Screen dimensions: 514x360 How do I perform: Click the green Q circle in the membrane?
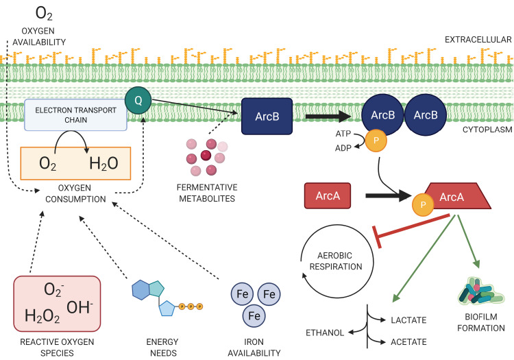point(138,100)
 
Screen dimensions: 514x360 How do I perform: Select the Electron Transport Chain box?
point(75,115)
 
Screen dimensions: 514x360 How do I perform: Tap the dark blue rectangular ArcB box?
point(267,117)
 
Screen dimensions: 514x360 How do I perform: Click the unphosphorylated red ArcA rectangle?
point(328,195)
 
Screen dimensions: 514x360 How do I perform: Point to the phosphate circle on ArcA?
point(423,205)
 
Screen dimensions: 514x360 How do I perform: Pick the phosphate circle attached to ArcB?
point(376,141)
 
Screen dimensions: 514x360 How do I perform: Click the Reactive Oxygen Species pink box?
point(57,304)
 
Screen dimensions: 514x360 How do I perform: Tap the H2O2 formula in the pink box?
point(42,316)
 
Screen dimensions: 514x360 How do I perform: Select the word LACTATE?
point(408,320)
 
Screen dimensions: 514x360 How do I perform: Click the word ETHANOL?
point(325,333)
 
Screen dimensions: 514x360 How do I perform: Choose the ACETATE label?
point(408,342)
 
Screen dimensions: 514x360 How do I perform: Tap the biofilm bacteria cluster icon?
point(480,291)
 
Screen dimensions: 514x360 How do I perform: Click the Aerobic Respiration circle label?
point(336,261)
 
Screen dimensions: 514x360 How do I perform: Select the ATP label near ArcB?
point(343,134)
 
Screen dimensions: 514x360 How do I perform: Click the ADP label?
point(343,148)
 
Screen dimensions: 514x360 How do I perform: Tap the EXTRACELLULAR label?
point(478,40)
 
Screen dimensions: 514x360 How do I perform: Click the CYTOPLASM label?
point(487,130)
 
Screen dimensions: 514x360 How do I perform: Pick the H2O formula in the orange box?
point(103,163)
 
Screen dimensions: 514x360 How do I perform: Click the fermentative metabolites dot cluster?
point(206,157)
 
